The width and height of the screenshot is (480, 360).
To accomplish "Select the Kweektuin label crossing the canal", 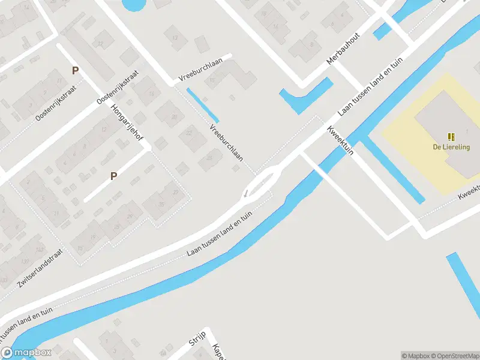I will pos(340,142).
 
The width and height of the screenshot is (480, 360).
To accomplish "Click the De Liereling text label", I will pos(451,146).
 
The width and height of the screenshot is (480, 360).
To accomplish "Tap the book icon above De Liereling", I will pos(451,137).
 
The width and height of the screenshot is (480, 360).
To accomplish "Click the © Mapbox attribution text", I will pos(416,356).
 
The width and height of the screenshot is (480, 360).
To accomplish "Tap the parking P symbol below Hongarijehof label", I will pos(113,176).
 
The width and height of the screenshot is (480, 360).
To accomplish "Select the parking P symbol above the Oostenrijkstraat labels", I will pos(75,70).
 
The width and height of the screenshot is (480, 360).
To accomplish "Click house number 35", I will pos(161,205).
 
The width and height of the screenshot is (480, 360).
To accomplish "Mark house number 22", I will pos(188,133).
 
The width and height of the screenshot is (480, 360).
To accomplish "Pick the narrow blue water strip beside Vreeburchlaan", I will pos(202,104).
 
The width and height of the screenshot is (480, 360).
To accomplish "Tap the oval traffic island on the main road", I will pos(265,181).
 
